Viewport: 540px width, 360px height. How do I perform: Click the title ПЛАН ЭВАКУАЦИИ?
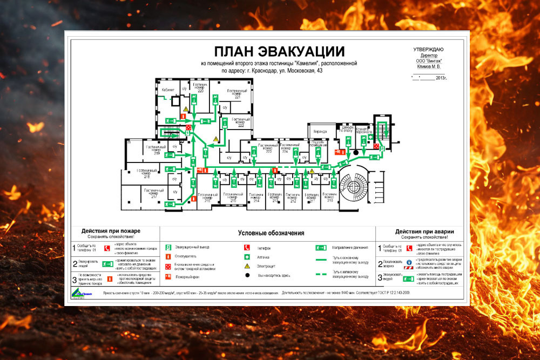tap(279, 52)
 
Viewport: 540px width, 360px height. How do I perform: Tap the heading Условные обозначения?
tap(271, 233)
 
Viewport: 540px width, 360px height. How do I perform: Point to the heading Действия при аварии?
tap(424, 231)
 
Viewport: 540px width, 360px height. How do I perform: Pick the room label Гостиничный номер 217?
tap(153, 193)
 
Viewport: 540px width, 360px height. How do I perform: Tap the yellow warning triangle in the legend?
tap(247, 266)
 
